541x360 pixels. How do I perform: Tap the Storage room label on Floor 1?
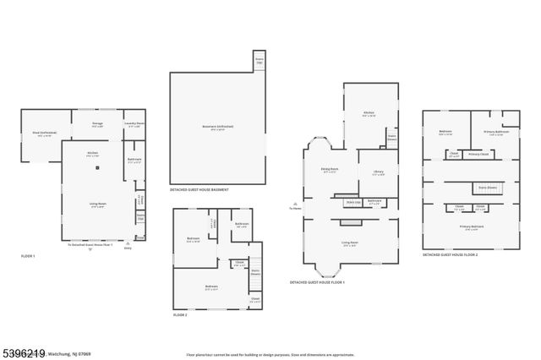coord(98,125)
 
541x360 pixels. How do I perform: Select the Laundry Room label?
coord(134,125)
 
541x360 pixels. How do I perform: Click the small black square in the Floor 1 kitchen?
coord(98,168)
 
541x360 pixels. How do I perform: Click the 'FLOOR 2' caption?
coord(180,314)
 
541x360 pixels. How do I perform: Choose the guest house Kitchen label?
coord(369,113)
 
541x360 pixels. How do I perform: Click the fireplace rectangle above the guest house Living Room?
coord(348,222)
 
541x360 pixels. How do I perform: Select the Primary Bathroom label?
coord(495,134)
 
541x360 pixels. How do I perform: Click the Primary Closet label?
coord(479,155)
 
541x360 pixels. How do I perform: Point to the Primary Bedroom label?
coord(472,227)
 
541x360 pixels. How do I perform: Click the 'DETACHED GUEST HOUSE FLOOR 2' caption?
coord(451,254)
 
